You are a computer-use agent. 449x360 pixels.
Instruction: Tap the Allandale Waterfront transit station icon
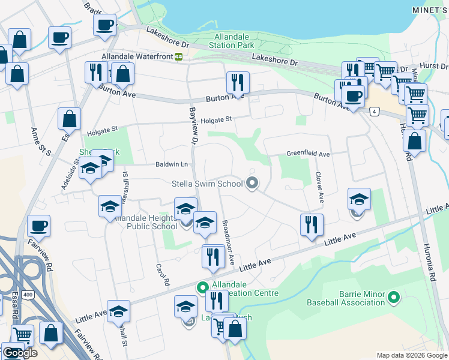tap(178, 56)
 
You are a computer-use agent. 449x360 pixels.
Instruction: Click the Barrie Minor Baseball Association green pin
tap(394, 296)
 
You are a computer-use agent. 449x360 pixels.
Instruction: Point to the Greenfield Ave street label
tap(308, 154)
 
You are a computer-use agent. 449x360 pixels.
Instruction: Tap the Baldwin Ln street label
tap(172, 164)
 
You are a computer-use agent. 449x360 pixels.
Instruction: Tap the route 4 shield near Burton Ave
tap(375, 112)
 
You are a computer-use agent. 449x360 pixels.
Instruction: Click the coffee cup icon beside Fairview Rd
tap(38, 226)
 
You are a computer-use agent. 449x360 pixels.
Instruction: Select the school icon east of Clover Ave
tap(359, 199)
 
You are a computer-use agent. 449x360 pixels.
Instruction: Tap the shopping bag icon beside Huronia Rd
tap(414, 141)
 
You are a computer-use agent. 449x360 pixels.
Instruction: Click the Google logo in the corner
tap(20, 353)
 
